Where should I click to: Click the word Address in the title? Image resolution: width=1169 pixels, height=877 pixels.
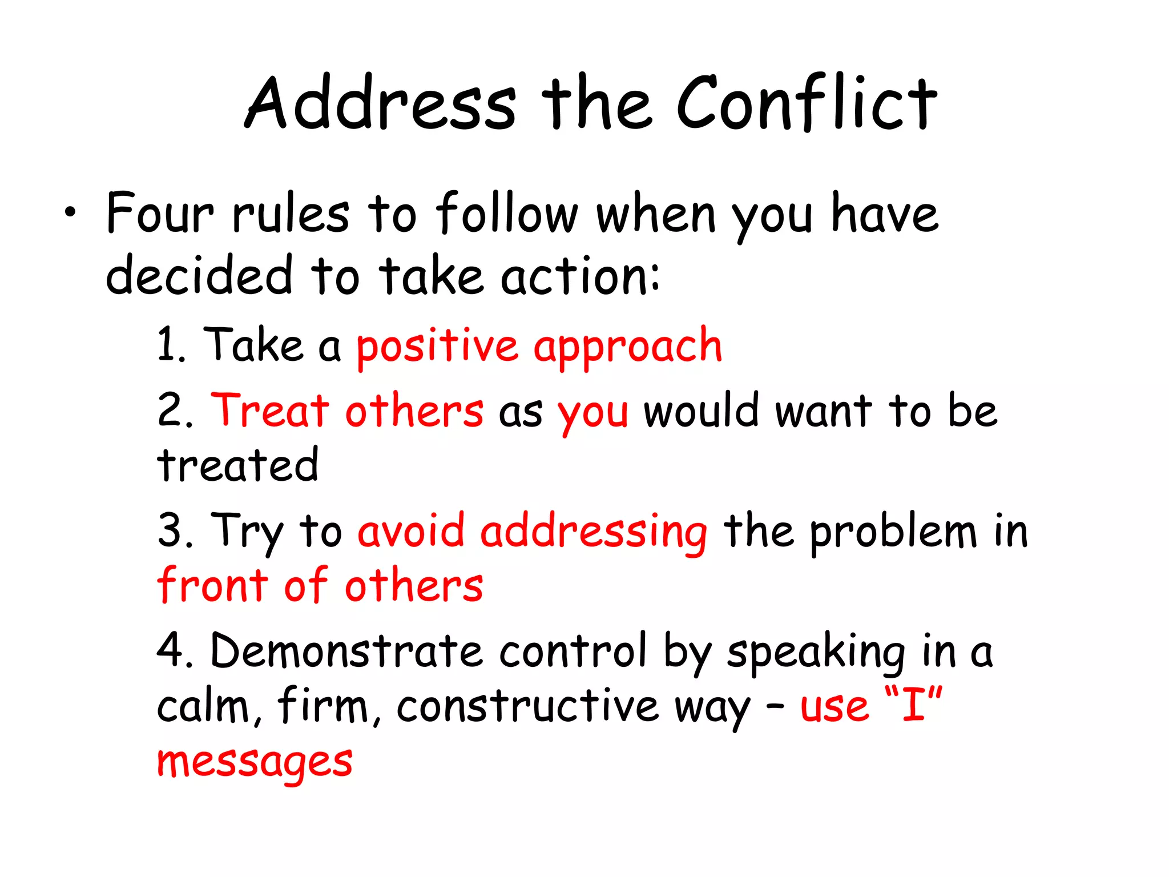381,103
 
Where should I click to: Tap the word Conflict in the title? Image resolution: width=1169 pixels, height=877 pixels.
807,103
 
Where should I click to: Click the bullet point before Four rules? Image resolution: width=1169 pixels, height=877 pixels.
70,213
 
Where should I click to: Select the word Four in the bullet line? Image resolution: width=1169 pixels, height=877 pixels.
160,213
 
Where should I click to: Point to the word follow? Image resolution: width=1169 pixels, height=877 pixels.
507,213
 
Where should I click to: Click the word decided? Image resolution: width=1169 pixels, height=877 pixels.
199,276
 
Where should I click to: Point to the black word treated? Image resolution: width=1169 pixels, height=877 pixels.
237,465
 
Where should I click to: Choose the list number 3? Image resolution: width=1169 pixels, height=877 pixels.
174,530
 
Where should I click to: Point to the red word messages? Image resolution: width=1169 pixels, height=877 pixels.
255,762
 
